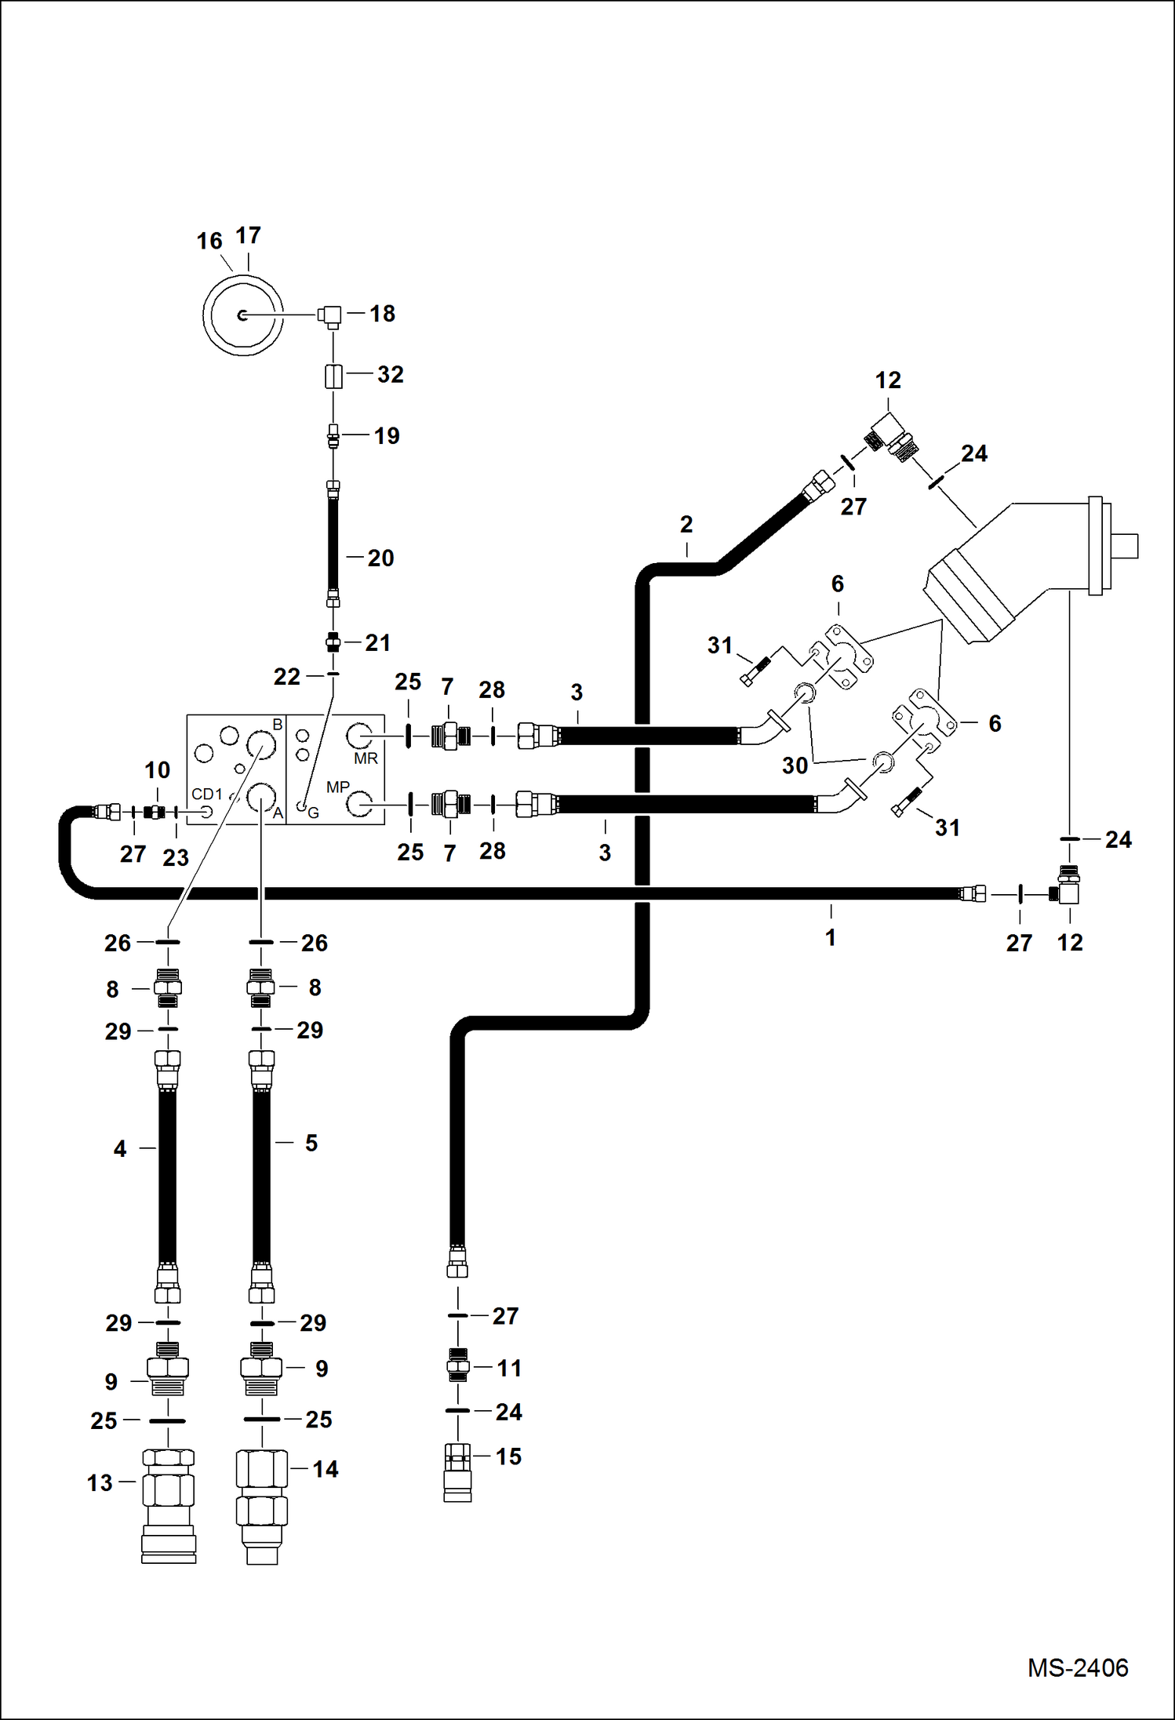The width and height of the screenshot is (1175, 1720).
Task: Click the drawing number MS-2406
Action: pyautogui.click(x=1077, y=1667)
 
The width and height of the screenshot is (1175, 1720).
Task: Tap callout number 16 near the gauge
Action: pyautogui.click(x=209, y=241)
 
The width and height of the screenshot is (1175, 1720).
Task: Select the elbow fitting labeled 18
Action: pyautogui.click(x=331, y=315)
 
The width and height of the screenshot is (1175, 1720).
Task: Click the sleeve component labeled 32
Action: pyautogui.click(x=333, y=376)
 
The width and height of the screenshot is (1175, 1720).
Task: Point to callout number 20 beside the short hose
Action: pyautogui.click(x=380, y=558)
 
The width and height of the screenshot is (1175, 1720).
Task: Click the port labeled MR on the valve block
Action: pyautogui.click(x=366, y=758)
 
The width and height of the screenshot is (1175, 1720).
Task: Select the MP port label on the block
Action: pyautogui.click(x=337, y=787)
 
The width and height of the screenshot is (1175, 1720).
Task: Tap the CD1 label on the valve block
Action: pyautogui.click(x=207, y=794)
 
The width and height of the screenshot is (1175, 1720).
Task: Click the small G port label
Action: pyautogui.click(x=313, y=813)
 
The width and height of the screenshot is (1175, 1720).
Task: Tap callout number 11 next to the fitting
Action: pyautogui.click(x=509, y=1369)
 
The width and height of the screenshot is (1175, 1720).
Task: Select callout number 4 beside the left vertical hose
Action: pyautogui.click(x=119, y=1149)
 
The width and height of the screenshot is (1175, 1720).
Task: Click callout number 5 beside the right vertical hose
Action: pyautogui.click(x=311, y=1144)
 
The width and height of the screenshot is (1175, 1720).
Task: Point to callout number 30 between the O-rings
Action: pyautogui.click(x=795, y=765)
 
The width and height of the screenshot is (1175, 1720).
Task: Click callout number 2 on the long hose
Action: pyautogui.click(x=686, y=525)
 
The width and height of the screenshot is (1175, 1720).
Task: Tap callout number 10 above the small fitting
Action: pyautogui.click(x=157, y=770)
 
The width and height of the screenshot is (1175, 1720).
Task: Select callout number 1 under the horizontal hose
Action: pyautogui.click(x=831, y=937)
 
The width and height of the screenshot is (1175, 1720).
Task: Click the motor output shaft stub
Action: pyautogui.click(x=1126, y=545)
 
